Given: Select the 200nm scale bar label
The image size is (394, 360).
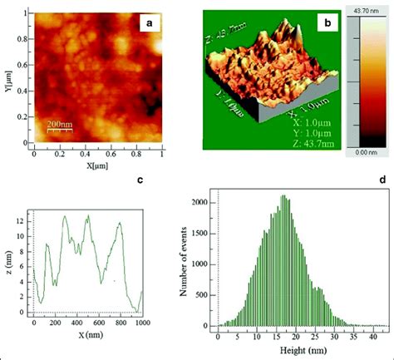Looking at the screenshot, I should (x=59, y=124).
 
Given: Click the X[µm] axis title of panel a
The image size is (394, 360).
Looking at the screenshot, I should (x=98, y=166).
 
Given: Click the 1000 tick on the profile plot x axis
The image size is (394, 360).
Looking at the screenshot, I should (x=142, y=323).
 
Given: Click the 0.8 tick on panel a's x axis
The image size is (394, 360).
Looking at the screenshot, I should (x=136, y=154).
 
